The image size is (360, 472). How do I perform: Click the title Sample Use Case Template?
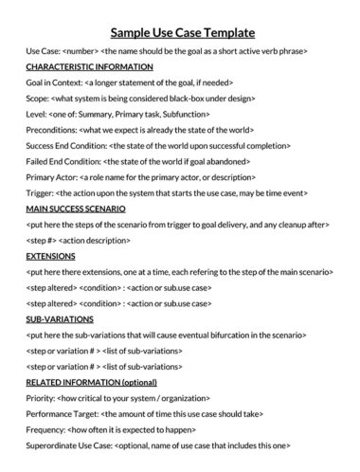pos(180,31)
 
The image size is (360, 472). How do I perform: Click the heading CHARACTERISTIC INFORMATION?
pos(89,67)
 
